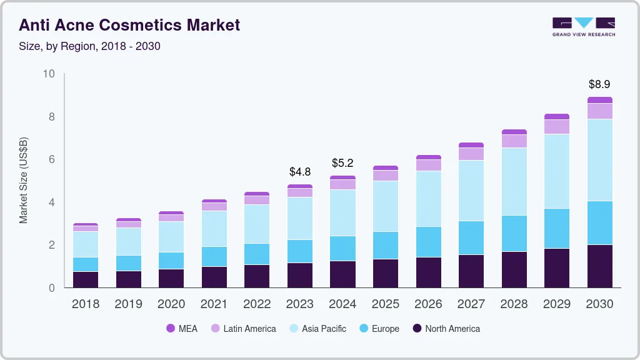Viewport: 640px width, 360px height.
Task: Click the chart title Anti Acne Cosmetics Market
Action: pyautogui.click(x=129, y=26)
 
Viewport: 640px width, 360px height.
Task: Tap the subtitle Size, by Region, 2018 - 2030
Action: pyautogui.click(x=90, y=46)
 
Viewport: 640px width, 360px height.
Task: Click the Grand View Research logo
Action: pyautogui.click(x=583, y=26)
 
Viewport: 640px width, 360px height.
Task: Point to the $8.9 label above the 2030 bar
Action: pyautogui.click(x=599, y=84)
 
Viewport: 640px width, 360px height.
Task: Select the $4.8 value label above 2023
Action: pyautogui.click(x=300, y=171)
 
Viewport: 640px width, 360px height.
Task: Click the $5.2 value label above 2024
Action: pyautogui.click(x=342, y=163)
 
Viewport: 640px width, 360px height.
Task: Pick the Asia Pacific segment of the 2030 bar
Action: pyautogui.click(x=599, y=160)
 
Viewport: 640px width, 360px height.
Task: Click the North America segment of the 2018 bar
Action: pyautogui.click(x=86, y=279)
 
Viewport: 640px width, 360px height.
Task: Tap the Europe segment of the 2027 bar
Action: pyautogui.click(x=471, y=237)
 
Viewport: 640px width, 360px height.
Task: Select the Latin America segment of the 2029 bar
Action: pyautogui.click(x=557, y=127)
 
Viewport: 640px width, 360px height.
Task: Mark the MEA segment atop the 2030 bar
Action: pyautogui.click(x=599, y=100)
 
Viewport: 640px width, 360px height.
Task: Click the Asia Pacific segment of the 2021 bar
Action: pyautogui.click(x=214, y=229)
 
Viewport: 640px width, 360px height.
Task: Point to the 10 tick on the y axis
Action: pyautogui.click(x=49, y=74)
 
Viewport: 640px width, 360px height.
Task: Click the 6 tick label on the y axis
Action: pyautogui.click(x=52, y=159)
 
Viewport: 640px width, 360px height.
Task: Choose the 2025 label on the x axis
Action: pyautogui.click(x=386, y=304)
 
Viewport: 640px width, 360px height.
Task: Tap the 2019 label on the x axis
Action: pyautogui.click(x=128, y=304)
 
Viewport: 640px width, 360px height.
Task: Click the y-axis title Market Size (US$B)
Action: pyautogui.click(x=23, y=181)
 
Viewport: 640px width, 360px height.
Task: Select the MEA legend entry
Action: pyautogui.click(x=182, y=328)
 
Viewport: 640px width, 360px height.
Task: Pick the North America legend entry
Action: pyautogui.click(x=446, y=328)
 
